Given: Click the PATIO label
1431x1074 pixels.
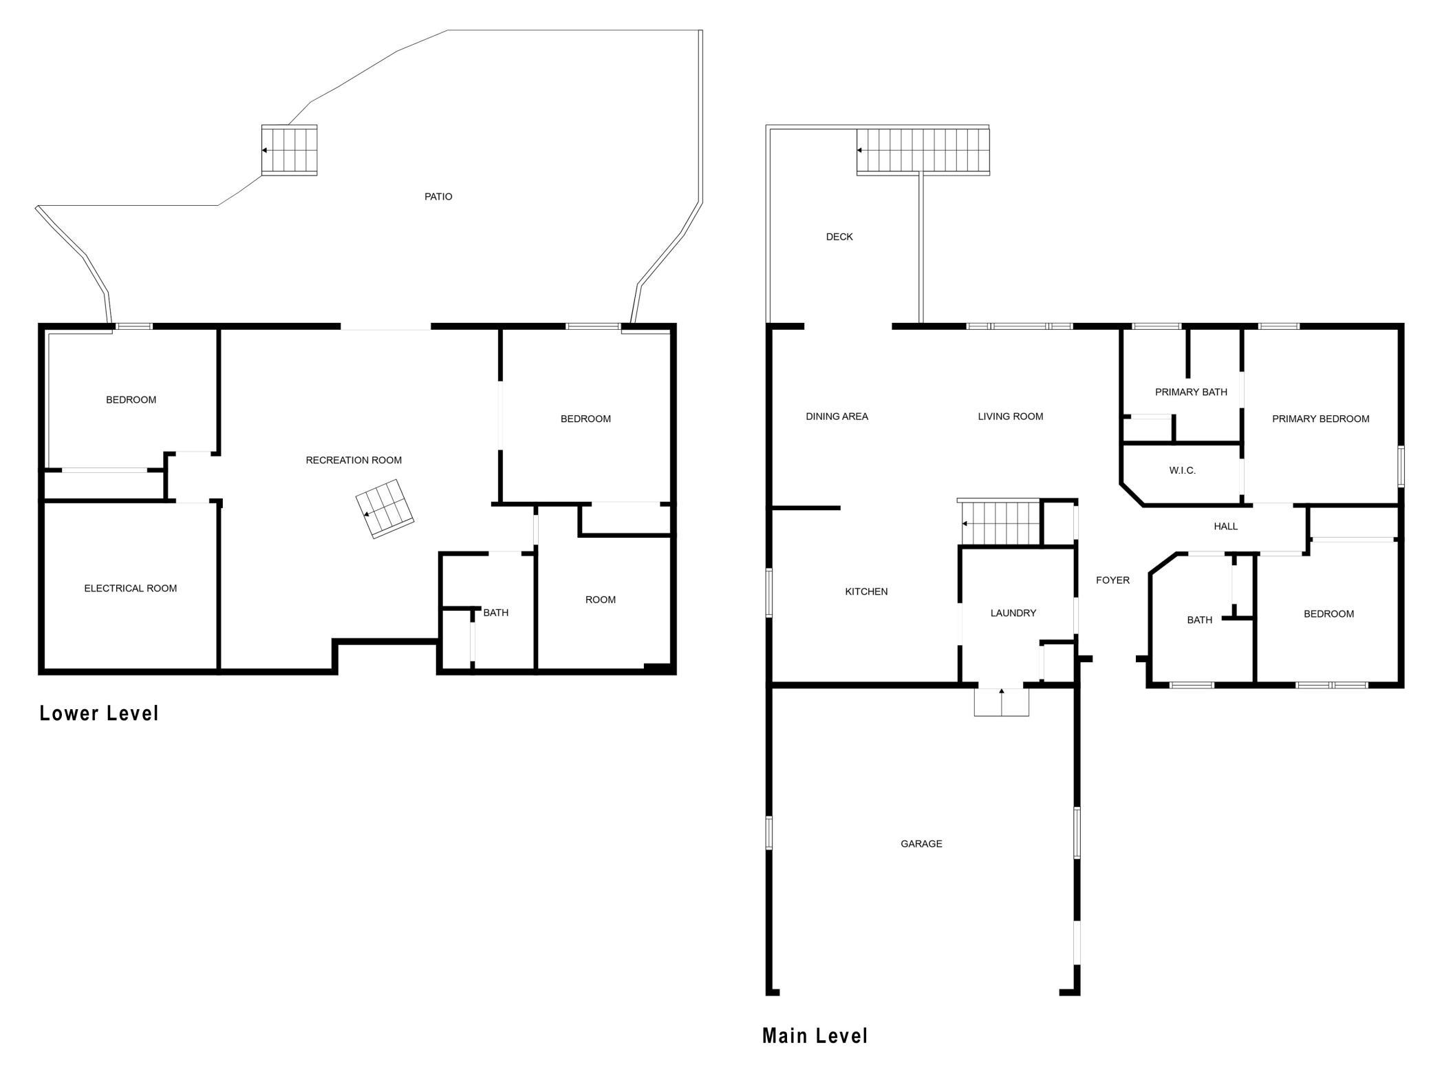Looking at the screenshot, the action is pos(438,197).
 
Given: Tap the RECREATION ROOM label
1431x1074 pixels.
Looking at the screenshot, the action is pos(354,460).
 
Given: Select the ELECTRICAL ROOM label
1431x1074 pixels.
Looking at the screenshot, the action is pos(131,588).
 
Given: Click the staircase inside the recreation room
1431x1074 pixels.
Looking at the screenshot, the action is pos(385,509).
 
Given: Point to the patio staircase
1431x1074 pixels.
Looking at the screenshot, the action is pos(289,150).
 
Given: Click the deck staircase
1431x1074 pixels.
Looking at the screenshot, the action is pos(923,150).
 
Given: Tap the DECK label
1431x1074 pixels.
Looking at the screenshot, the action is pos(839,237).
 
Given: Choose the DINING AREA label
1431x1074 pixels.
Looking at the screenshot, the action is pos(837,417).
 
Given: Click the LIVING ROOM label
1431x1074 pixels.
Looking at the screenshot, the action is pos(1011,417).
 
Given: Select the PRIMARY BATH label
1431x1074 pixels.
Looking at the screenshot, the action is pos(1191,392).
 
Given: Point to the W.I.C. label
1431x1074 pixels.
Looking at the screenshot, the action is pos(1183,471).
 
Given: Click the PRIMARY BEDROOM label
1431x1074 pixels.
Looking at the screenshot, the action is pos(1320,419).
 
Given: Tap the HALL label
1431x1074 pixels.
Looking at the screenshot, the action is pos(1226,527).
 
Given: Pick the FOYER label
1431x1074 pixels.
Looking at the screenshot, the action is pos(1113,580).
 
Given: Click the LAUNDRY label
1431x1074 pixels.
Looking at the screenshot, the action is pos(1013,613).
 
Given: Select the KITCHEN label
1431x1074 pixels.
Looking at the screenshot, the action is pos(866,591).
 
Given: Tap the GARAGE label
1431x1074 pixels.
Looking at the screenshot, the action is pos(921,843).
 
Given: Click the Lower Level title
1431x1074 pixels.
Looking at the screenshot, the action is pos(99,713).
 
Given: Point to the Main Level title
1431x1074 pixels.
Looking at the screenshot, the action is pos(815,1035).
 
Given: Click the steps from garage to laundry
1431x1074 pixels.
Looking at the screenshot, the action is pos(1002,702).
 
